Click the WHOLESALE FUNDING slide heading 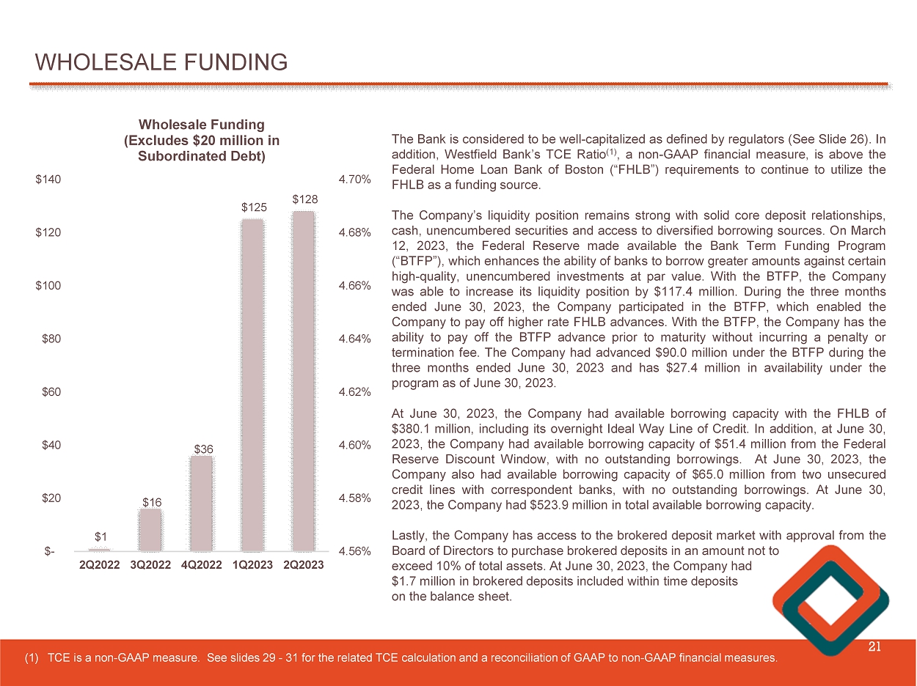[161, 62]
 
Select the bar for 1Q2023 [252, 385]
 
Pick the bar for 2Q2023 [303, 381]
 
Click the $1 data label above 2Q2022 [101, 537]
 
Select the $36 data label [202, 447]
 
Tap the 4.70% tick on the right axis [354, 180]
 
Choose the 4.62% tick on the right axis [354, 392]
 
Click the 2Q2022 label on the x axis [100, 566]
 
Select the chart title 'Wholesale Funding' [202, 125]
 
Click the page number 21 [874, 646]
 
